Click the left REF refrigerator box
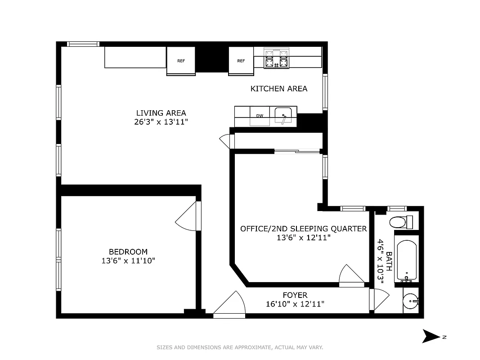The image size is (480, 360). point(181,61)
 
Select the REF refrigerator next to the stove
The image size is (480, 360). point(241,61)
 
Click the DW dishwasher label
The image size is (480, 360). point(260,116)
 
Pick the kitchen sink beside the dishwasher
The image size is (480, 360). point(283,115)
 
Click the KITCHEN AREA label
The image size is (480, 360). point(279,89)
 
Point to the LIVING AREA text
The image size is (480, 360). point(161,113)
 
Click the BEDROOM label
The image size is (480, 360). point(128,252)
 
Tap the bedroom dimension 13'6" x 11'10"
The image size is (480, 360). point(128,261)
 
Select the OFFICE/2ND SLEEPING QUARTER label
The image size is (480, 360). point(304,229)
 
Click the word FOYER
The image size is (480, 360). point(295,295)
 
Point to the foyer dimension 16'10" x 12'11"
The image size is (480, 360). point(295,304)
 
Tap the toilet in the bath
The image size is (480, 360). point(400,222)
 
